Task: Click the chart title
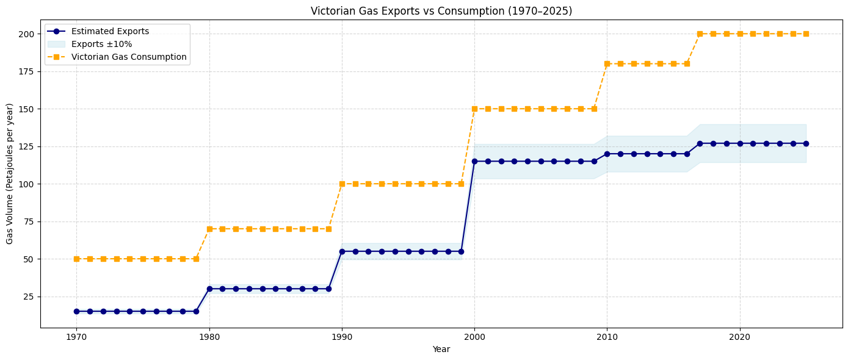441,11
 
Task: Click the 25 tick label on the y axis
31,297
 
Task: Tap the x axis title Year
441,349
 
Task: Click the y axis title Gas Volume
10,174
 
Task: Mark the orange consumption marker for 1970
76,259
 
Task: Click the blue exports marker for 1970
76,311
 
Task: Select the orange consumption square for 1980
209,229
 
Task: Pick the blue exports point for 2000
474,161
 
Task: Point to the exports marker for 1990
342,251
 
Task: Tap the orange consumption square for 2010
607,63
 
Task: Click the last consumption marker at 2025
806,34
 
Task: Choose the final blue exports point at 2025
806,143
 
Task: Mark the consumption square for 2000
474,109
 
